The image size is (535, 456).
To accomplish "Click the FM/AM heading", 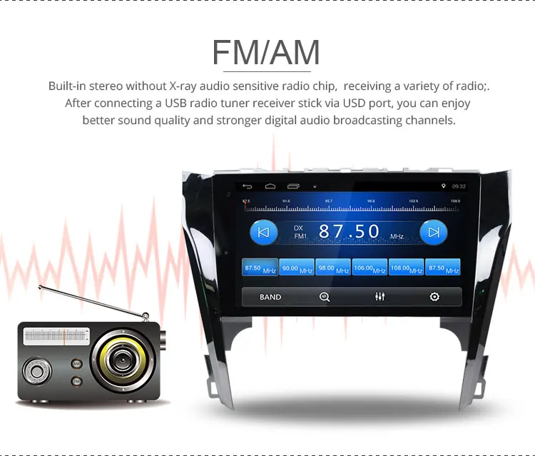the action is (266, 52).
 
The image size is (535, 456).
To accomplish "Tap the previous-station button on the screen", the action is (263, 232).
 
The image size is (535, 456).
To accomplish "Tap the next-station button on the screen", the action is (433, 232).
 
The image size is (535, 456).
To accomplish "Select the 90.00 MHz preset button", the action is (296, 268).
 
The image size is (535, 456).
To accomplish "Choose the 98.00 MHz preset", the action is (333, 268).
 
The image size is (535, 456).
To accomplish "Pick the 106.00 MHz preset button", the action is (370, 268).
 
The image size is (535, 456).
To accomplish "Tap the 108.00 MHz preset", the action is (407, 268).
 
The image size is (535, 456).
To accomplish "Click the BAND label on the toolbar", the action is (270, 297).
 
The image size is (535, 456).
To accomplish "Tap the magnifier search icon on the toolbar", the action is (325, 297).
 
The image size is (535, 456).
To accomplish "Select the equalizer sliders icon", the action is (379, 297).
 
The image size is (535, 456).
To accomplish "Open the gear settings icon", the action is (434, 297).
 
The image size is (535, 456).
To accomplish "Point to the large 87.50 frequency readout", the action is (350, 231).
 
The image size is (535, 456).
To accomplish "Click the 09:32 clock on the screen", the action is (459, 186).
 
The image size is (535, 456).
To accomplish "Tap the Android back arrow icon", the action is (248, 186).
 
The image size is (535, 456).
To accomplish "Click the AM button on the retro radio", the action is (76, 363).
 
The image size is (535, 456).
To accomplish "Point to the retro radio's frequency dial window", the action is (56, 335).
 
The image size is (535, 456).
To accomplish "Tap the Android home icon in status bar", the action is (270, 186).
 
